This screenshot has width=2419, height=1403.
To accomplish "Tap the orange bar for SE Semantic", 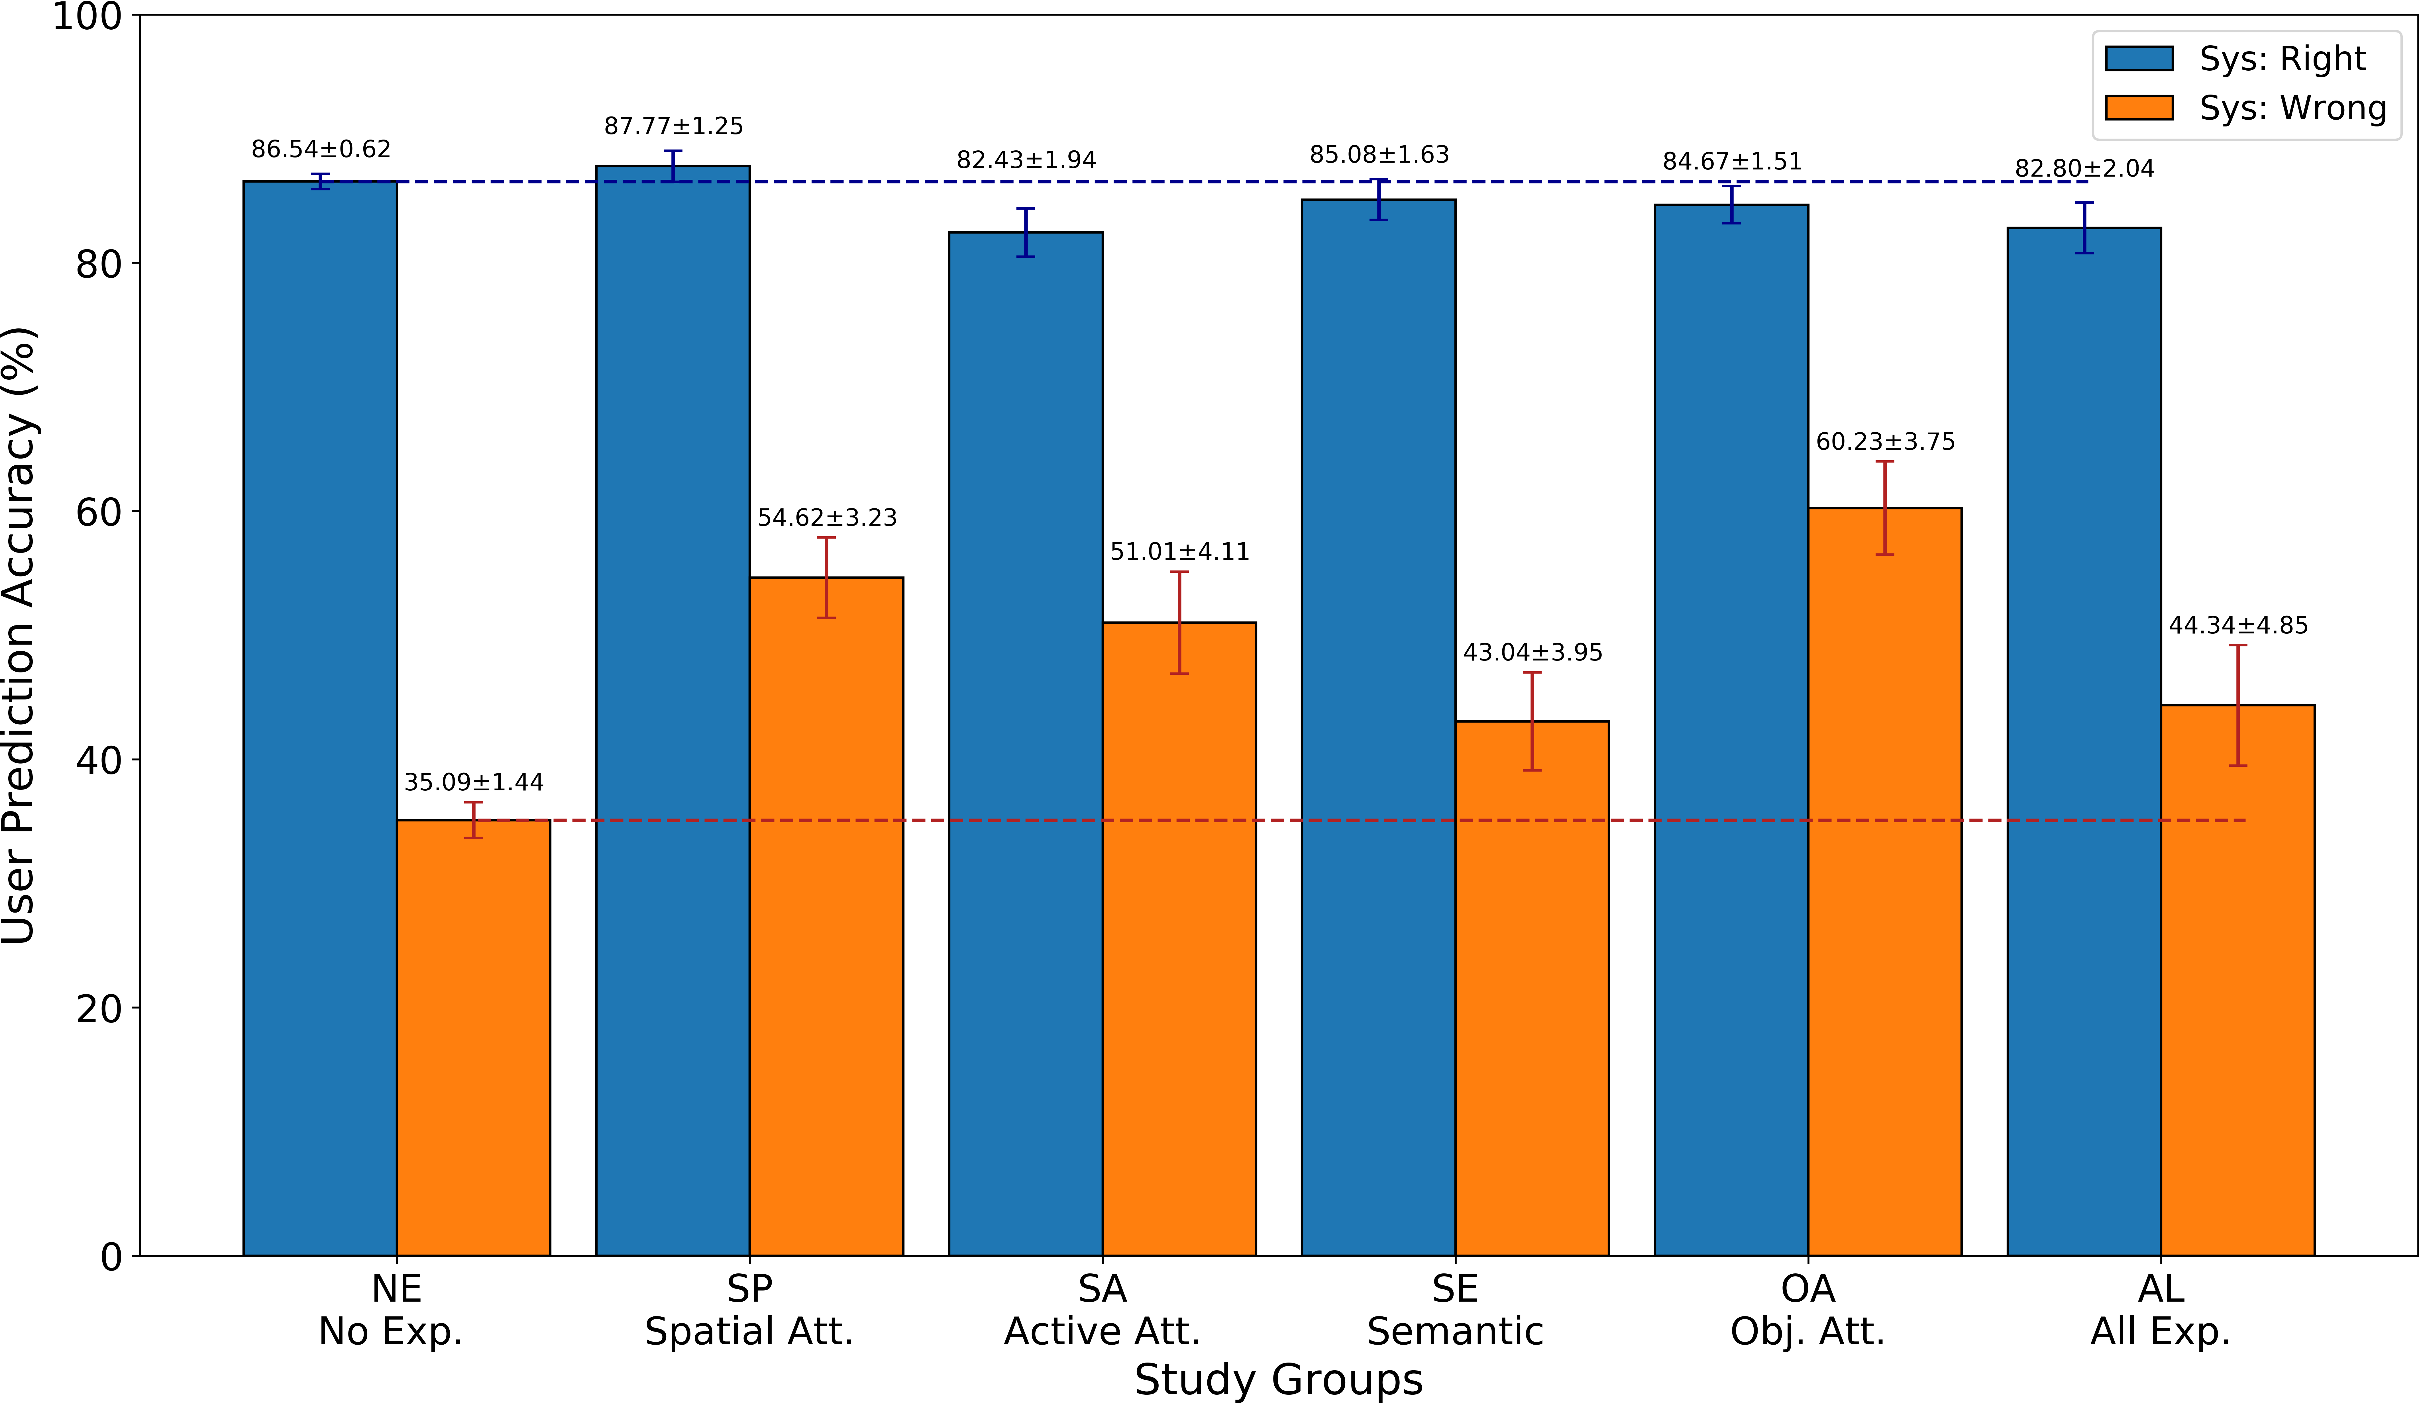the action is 1532,988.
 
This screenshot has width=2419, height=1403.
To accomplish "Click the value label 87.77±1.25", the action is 673,126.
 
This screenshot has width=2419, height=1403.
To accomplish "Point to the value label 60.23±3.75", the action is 1885,441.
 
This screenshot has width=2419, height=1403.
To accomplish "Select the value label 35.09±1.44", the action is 473,782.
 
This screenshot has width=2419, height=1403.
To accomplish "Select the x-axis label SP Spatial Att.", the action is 749,1310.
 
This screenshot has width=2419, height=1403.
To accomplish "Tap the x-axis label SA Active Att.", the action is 1102,1310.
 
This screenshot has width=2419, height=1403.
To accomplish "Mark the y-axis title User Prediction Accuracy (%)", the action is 19,635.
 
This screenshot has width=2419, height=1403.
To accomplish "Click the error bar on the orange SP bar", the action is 826,578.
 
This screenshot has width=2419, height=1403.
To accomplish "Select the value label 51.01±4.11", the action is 1180,552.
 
